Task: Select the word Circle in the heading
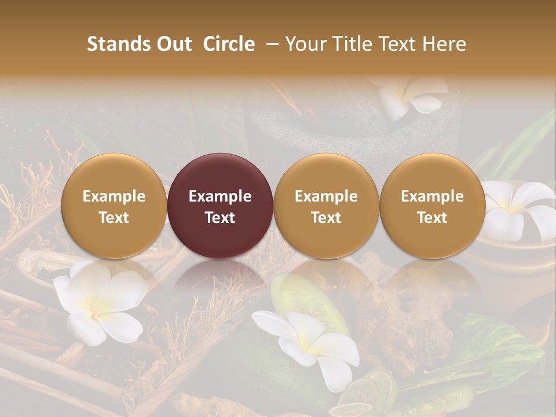point(229,44)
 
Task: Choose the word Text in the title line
point(397,44)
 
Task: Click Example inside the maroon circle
point(220,196)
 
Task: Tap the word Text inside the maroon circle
point(220,218)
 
